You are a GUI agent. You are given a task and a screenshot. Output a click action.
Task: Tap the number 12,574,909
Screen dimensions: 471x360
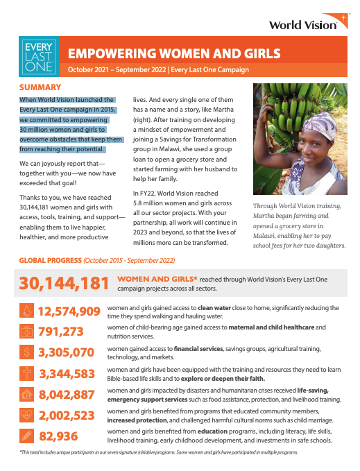[x=69, y=311]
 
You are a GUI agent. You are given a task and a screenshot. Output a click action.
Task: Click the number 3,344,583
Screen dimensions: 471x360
[x=69, y=374]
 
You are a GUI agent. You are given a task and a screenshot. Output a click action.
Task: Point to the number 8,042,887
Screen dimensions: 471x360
[x=69, y=395]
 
